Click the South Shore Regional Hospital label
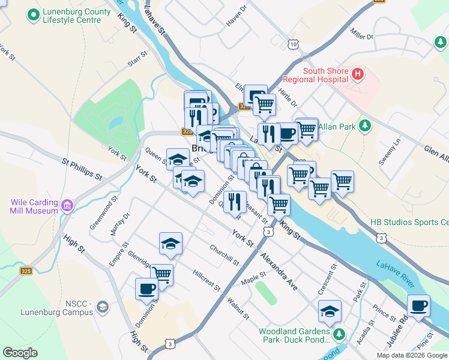click(x=325, y=75)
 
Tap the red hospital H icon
click(x=358, y=74)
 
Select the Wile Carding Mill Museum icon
click(x=67, y=206)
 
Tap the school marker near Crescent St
click(x=330, y=311)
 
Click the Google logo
click(x=20, y=353)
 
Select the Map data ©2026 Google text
click(x=412, y=355)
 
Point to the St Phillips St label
click(x=82, y=169)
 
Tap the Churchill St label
click(x=224, y=255)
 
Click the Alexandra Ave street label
click(x=279, y=271)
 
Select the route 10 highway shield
click(x=292, y=44)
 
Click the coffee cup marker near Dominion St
click(x=146, y=289)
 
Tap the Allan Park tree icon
click(x=364, y=126)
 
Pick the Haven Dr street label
click(x=237, y=19)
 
